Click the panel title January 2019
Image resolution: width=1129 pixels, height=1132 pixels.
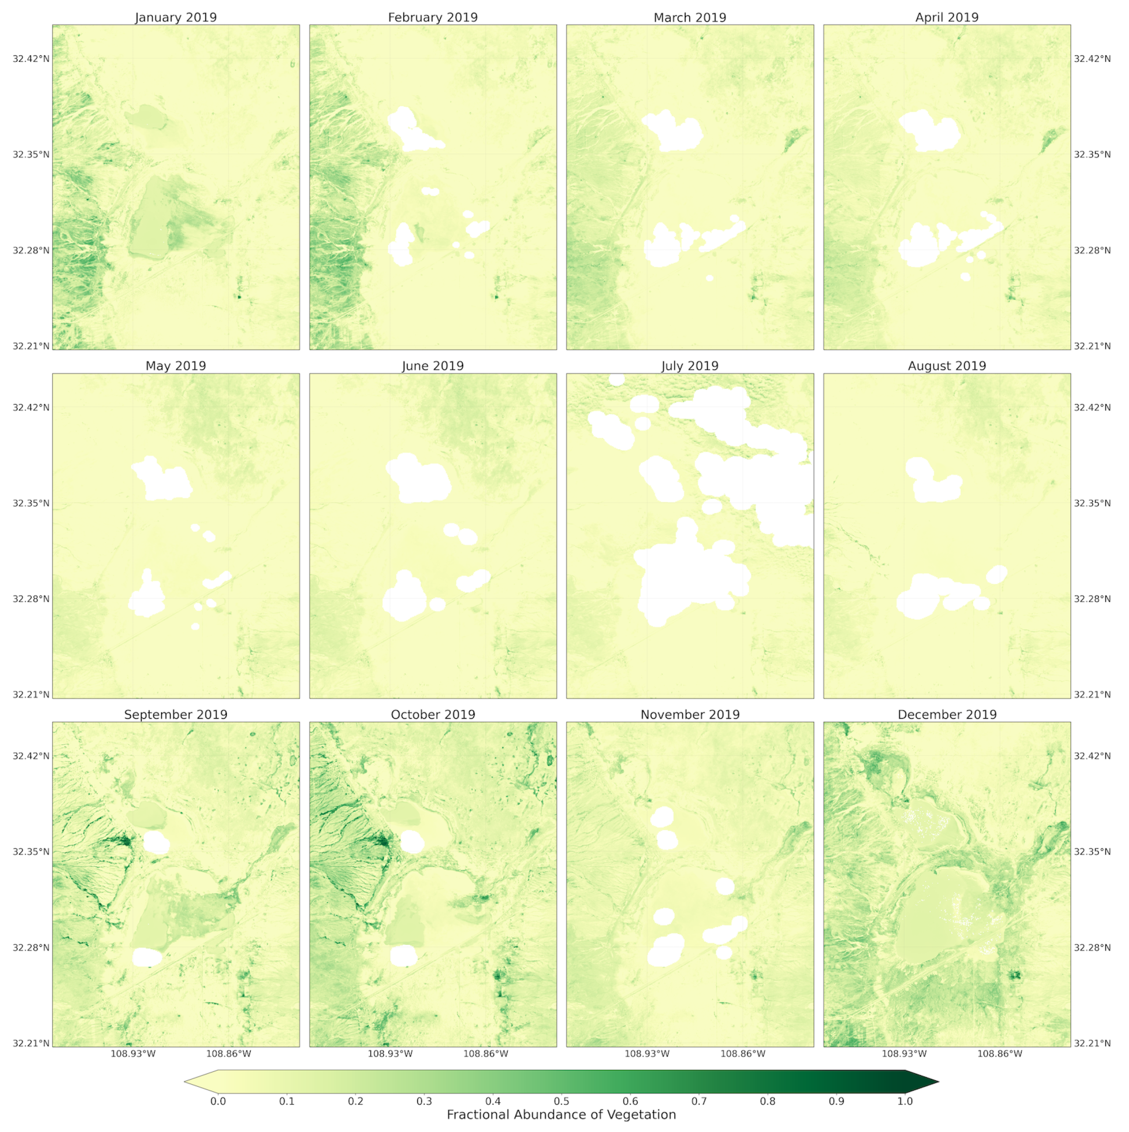pyautogui.click(x=176, y=18)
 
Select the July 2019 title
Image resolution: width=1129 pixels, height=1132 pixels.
pyautogui.click(x=690, y=366)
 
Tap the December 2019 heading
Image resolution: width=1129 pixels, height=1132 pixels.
pyautogui.click(x=947, y=715)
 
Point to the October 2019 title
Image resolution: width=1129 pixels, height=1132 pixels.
pyautogui.click(x=433, y=715)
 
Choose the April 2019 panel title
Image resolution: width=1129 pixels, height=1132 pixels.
pyautogui.click(x=947, y=18)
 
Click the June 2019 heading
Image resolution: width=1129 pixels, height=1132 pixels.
pyautogui.click(x=433, y=366)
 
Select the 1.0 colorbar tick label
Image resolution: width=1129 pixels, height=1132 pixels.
pyautogui.click(x=905, y=1101)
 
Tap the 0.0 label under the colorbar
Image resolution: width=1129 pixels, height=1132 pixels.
pyautogui.click(x=218, y=1101)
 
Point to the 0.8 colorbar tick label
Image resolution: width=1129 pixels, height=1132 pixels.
pyautogui.click(x=768, y=1101)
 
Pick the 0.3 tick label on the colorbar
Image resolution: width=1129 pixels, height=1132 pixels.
pyautogui.click(x=424, y=1101)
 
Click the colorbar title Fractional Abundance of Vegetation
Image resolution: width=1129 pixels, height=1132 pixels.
pyautogui.click(x=561, y=1115)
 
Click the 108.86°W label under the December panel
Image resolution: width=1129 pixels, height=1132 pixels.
pyautogui.click(x=1001, y=1054)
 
